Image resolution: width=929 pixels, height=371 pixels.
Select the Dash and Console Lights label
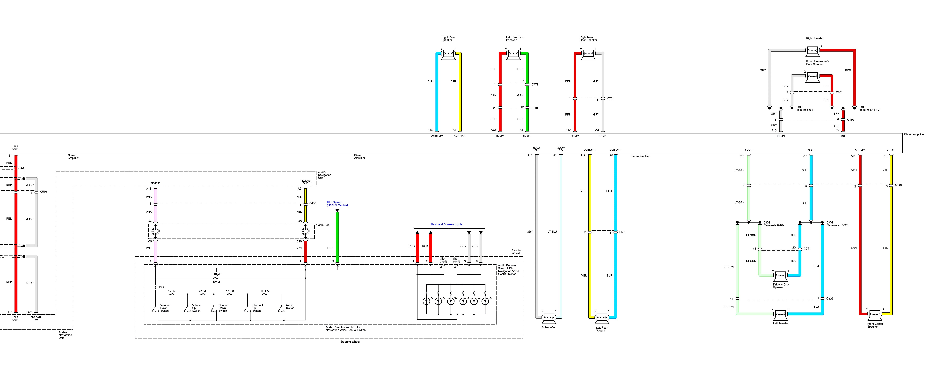[446, 224]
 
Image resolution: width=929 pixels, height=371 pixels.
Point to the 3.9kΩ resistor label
[265, 291]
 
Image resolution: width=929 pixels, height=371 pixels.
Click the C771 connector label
[534, 85]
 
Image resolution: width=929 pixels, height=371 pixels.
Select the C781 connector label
[610, 98]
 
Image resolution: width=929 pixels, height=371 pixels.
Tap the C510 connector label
[43, 192]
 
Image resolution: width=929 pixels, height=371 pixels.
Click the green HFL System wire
[337, 238]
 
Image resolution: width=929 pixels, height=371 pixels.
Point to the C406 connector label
[313, 203]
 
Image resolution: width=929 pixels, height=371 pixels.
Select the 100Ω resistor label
[162, 287]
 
